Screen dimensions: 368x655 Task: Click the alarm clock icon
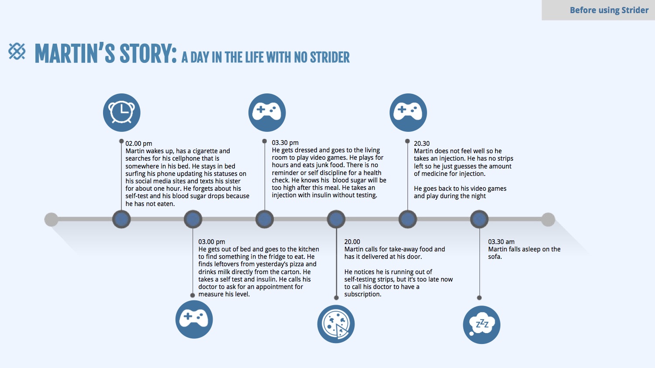point(122,113)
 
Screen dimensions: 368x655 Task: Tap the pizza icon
point(336,324)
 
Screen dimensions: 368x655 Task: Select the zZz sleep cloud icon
point(481,324)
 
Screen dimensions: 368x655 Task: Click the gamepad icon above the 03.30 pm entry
point(267,112)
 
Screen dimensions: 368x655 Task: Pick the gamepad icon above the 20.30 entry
point(408,112)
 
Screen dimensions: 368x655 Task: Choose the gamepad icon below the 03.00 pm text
point(194,319)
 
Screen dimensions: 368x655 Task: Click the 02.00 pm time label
point(139,144)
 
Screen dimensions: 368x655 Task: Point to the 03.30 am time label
point(501,242)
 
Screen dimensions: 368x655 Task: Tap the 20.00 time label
point(352,242)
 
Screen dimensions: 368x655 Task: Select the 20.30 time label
point(422,144)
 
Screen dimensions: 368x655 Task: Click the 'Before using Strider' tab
point(609,10)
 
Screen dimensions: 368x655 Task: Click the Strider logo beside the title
point(17,52)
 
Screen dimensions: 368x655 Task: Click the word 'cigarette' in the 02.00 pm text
point(205,151)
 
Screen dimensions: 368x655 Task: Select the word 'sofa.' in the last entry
point(495,257)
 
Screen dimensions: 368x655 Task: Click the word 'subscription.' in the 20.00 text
point(363,294)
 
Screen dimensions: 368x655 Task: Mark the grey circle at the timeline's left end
point(51,220)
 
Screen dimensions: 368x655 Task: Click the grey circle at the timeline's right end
point(548,220)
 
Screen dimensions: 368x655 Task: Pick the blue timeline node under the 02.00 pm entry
point(121,220)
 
